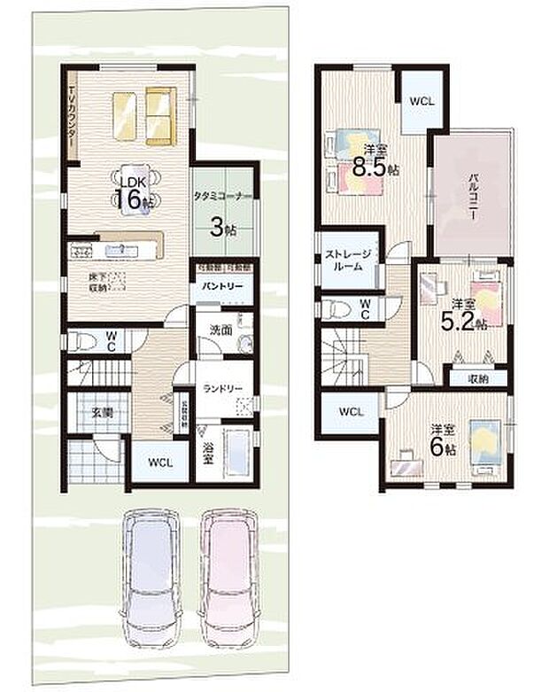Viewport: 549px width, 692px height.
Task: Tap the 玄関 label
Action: click(x=101, y=412)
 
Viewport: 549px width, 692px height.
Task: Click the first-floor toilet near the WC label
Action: click(x=80, y=341)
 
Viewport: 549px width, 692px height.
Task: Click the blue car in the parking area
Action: click(x=152, y=576)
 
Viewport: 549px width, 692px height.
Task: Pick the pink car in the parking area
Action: click(x=228, y=576)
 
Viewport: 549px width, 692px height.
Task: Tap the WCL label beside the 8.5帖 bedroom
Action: click(x=421, y=100)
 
